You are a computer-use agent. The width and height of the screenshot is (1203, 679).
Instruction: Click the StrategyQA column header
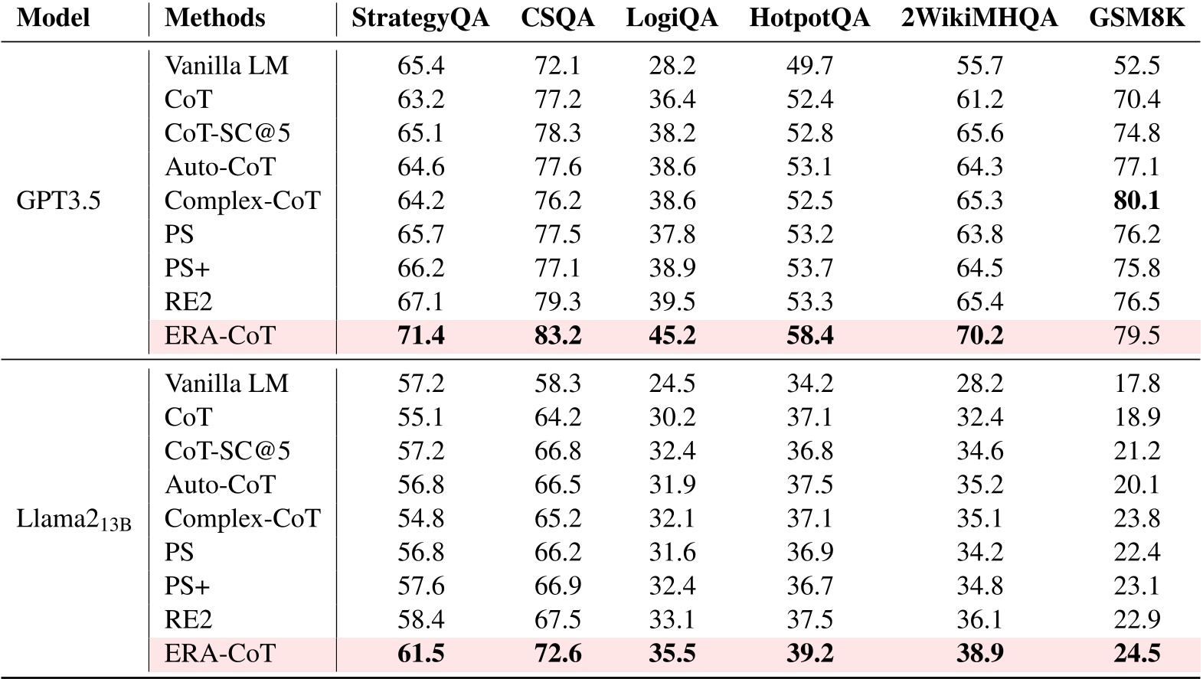[420, 18]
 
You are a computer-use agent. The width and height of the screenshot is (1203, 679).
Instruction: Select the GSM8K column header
[1136, 18]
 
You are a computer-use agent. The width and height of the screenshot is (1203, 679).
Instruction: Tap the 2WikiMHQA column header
[979, 18]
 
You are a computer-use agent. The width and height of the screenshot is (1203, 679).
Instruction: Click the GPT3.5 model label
[58, 201]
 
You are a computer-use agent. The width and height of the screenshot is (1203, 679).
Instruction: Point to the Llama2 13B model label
[74, 519]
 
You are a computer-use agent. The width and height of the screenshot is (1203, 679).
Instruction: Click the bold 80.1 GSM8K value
[1136, 201]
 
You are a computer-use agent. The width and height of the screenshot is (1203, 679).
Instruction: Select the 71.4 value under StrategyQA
[420, 335]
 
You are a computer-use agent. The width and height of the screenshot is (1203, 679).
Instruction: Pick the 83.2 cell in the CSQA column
[557, 335]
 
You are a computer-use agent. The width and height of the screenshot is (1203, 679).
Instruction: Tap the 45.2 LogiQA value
[672, 335]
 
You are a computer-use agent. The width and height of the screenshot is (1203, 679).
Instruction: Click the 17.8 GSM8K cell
[1136, 384]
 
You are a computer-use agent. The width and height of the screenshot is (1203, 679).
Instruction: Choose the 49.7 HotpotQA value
[809, 66]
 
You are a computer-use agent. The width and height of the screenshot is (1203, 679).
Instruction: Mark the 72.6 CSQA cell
[557, 654]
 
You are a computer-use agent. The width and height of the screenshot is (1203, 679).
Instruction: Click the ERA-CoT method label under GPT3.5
[220, 335]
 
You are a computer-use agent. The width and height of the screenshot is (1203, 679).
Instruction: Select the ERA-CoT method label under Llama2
[220, 654]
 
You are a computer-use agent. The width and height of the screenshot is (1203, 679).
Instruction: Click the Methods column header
[215, 18]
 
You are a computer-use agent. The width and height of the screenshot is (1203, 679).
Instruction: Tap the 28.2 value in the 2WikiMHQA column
[979, 384]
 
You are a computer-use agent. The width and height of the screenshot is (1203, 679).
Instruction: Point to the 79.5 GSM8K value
[1136, 335]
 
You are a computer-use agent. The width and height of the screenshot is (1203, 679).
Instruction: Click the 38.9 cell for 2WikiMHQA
[979, 654]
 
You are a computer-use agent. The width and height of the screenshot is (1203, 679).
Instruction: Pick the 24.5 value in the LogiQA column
[672, 384]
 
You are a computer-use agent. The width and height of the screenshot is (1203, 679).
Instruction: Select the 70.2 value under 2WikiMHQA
[979, 335]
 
